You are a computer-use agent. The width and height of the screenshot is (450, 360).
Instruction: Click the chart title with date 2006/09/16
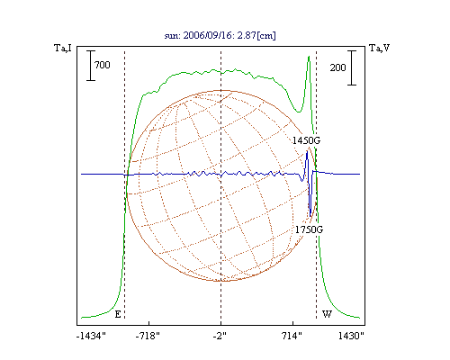point(220,35)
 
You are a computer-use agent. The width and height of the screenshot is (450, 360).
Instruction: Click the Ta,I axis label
point(63,48)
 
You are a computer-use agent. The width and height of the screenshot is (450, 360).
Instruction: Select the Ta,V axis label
point(379,48)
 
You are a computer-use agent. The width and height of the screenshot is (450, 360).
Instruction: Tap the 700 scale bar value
point(103,65)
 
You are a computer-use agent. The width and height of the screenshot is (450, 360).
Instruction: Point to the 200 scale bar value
point(337,67)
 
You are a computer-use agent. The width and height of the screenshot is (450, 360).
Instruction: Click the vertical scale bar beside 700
point(91,66)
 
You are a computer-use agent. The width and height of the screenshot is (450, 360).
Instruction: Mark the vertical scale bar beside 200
point(352,67)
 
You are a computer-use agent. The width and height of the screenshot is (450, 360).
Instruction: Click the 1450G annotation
point(306,140)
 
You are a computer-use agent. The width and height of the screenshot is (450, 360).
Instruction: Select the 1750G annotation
point(309,229)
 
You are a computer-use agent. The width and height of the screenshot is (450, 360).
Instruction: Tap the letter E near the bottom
point(118,314)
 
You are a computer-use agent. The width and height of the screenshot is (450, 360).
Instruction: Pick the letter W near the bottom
point(327,314)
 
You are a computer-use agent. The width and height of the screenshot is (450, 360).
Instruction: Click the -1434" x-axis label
point(91,336)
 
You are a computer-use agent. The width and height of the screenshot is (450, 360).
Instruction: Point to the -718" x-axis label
point(148,336)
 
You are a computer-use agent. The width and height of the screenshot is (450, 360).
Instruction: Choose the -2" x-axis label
point(220,336)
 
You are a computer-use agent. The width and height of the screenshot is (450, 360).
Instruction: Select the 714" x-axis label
point(292,336)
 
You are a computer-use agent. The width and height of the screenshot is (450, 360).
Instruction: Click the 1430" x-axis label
point(351,336)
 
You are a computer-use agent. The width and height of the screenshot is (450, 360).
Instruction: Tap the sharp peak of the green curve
point(309,57)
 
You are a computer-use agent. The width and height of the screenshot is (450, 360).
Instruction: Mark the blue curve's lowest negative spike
point(310,216)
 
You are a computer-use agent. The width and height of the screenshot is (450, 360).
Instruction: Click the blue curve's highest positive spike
point(307,152)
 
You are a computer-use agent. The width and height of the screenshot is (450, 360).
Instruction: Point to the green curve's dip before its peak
point(299,112)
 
